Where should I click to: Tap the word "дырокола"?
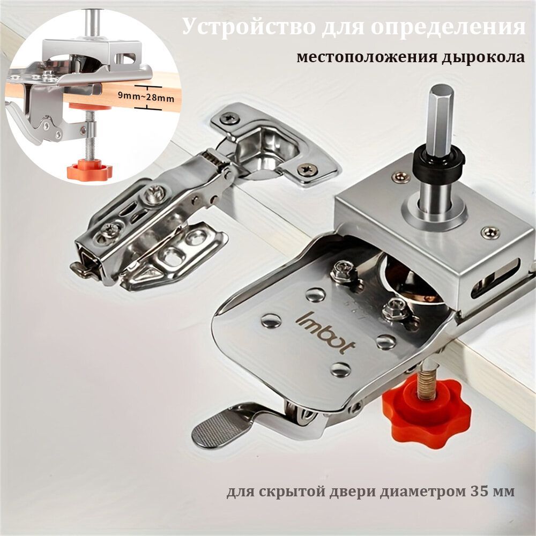point(483,57)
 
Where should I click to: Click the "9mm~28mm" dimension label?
point(146,97)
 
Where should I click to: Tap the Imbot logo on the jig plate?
point(325,332)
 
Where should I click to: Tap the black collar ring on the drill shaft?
point(440,159)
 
